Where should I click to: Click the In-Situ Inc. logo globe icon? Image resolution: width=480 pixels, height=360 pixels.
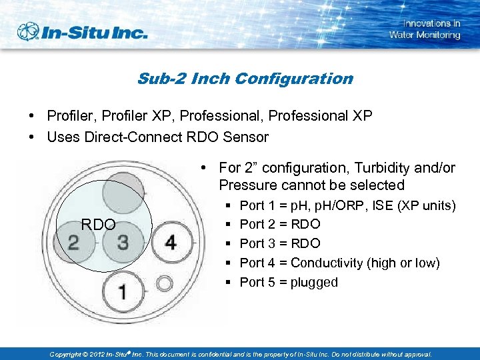click(x=28, y=31)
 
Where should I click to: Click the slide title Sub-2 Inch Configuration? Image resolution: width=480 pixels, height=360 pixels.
click(x=245, y=79)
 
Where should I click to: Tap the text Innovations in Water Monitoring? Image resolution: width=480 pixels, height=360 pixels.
click(x=425, y=29)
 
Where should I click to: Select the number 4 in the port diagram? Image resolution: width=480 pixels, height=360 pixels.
click(x=171, y=242)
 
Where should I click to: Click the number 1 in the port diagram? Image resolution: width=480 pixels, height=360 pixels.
click(x=123, y=292)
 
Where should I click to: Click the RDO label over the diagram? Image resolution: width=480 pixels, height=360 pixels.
click(x=98, y=224)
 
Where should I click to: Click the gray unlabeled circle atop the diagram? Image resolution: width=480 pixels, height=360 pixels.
click(x=123, y=191)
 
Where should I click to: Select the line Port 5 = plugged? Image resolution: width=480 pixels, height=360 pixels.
click(x=289, y=282)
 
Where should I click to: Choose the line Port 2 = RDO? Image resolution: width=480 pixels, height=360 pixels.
click(x=279, y=224)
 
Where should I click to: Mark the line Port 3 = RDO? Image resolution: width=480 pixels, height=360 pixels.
click(x=279, y=243)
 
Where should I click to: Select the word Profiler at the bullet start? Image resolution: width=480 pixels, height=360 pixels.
click(x=70, y=116)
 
